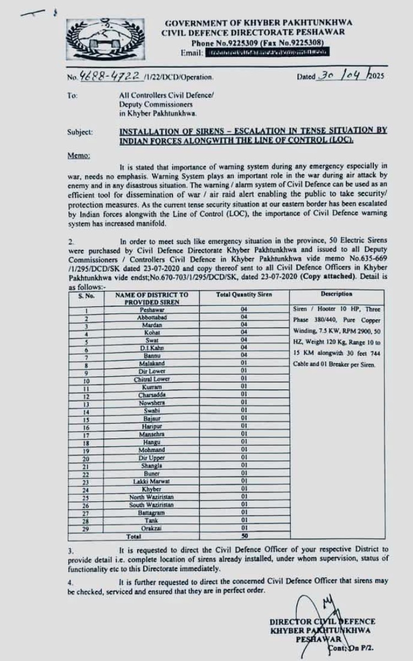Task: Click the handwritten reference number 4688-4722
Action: tap(102, 77)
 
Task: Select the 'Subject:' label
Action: tap(80, 132)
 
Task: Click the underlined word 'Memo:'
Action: tap(79, 156)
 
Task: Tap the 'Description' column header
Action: tap(336, 295)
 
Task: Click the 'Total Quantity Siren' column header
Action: tap(243, 295)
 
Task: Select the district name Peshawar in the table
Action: tap(148, 310)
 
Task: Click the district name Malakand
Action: tap(148, 364)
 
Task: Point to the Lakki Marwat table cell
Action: tap(148, 482)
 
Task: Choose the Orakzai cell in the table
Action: tap(148, 529)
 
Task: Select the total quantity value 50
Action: tap(243, 536)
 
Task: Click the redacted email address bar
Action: tap(267, 52)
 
